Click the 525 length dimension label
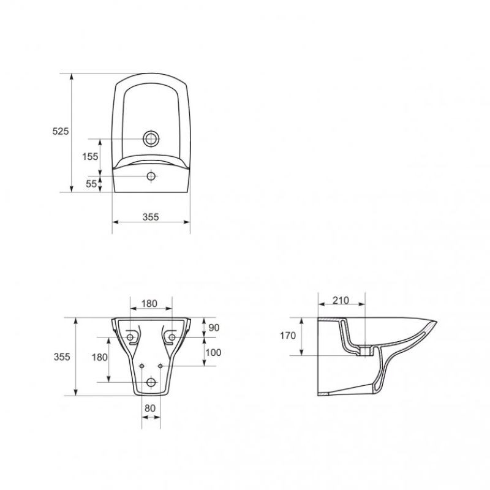point(60,131)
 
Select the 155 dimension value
point(90,157)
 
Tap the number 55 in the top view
point(91,184)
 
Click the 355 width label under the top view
point(151,217)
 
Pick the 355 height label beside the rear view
point(62,356)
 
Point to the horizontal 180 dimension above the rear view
point(149,303)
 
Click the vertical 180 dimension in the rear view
point(100,357)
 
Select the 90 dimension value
point(214,328)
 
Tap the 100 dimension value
point(213,353)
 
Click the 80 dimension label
point(150,408)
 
